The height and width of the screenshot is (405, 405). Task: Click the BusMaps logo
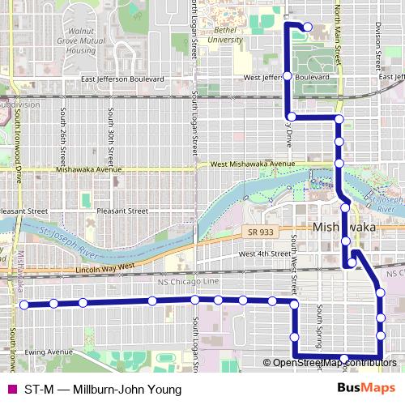366,389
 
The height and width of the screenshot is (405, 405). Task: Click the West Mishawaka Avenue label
252,164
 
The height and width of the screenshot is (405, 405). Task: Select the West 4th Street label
261,254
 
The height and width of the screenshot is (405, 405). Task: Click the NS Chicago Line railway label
190,281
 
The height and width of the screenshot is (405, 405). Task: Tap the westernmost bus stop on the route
24,305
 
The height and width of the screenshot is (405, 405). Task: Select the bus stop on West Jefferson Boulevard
287,77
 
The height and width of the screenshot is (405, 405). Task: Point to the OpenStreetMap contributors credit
335,363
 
